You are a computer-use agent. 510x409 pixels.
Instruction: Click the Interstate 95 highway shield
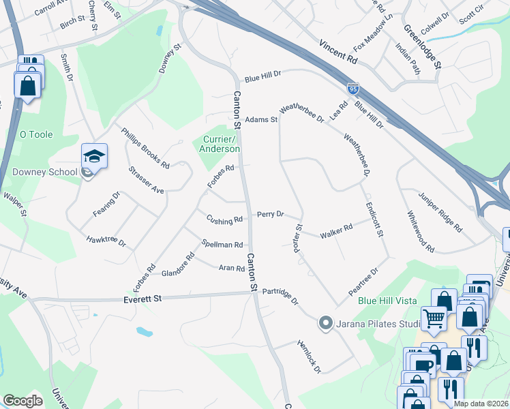(352, 89)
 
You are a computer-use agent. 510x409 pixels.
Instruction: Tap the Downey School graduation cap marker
(94, 157)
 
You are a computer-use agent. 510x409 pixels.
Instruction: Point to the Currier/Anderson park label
(220, 144)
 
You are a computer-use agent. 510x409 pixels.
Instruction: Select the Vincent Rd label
(337, 51)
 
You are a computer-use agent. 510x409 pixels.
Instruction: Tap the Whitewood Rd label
(421, 232)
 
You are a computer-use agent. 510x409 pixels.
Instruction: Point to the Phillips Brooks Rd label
(145, 148)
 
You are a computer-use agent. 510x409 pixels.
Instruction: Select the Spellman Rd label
(222, 244)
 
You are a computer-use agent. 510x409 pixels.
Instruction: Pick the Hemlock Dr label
(309, 357)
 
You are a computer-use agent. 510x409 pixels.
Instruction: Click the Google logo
(22, 400)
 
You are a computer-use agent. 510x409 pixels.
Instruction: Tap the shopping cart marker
(434, 318)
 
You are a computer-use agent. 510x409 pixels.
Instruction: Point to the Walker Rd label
(335, 232)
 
